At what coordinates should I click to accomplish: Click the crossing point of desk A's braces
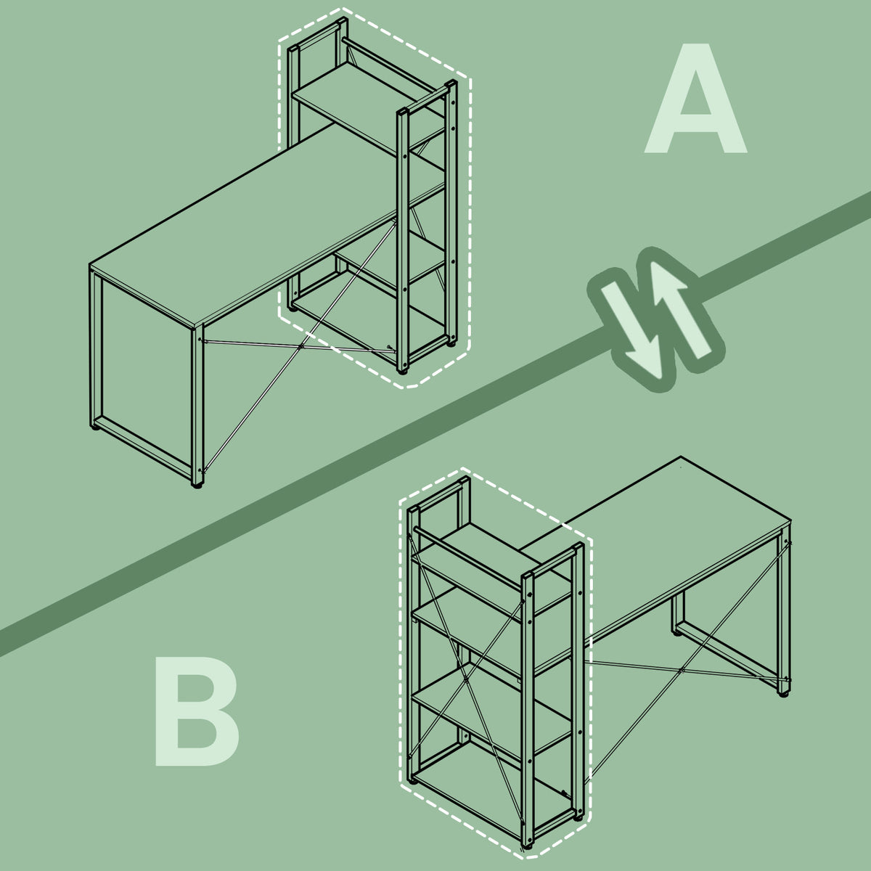pos(301,347)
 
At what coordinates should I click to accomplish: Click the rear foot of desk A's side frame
pos(95,427)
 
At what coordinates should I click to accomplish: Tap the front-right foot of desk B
pos(783,694)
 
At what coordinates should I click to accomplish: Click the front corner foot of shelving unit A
pos(401,371)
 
